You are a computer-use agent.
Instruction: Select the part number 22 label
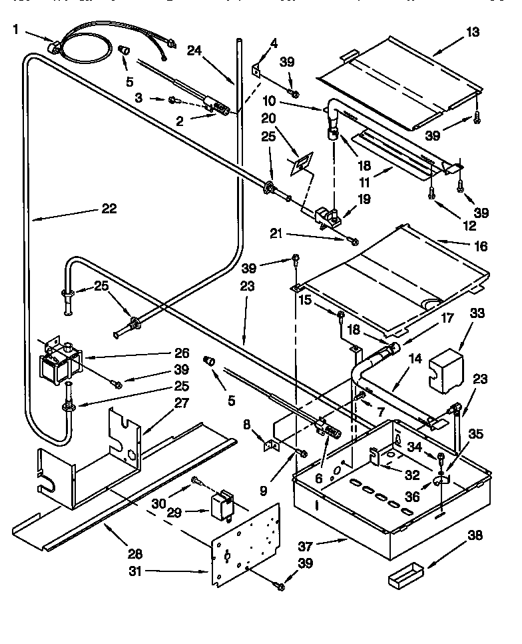(109, 209)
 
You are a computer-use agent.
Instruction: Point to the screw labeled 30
(196, 481)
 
